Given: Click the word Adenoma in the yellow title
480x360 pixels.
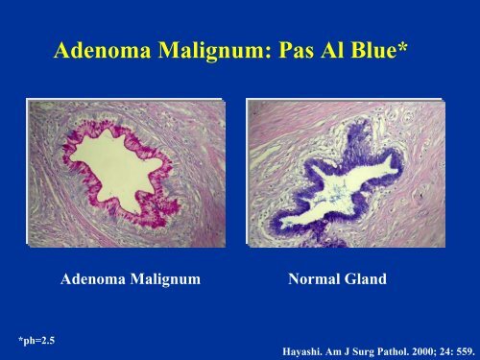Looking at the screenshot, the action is (103, 50).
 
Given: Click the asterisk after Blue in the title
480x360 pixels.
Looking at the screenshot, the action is (402, 46).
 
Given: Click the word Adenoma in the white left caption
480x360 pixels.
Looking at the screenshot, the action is (93, 278).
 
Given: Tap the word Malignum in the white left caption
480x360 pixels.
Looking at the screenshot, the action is (165, 279).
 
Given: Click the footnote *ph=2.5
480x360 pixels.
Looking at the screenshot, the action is (36, 341).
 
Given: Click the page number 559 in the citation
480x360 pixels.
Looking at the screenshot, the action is (466, 351).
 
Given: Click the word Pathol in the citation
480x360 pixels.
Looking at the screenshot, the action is (394, 351).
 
